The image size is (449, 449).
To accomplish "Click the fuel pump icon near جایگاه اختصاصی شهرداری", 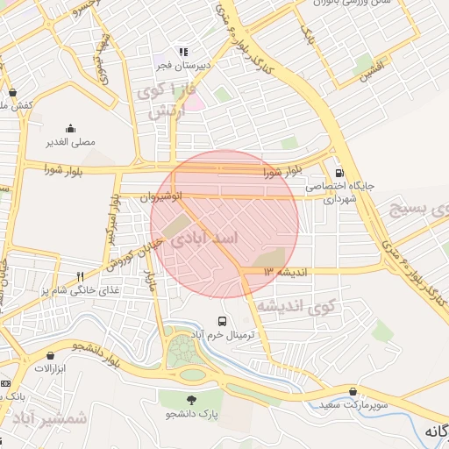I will tap(339, 173).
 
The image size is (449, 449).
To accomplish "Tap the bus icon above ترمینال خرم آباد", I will tap(223, 322).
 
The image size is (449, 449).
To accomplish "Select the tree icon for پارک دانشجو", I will tap(192, 398).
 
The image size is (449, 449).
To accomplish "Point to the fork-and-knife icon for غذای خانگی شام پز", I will tap(80, 276).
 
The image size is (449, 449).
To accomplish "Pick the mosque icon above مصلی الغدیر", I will tap(71, 128).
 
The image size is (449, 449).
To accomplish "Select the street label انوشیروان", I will tap(161, 197).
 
